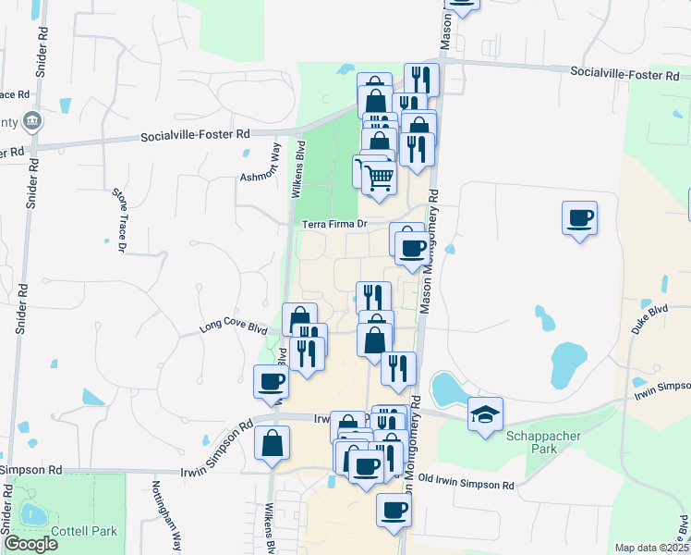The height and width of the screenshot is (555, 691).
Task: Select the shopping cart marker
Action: (379, 175)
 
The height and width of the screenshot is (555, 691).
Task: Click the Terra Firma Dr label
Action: (335, 224)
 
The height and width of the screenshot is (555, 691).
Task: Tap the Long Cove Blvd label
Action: (234, 328)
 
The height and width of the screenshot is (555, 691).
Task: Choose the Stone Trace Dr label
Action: (119, 219)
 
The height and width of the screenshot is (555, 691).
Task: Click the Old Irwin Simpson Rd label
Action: (466, 484)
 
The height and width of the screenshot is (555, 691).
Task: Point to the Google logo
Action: (30, 544)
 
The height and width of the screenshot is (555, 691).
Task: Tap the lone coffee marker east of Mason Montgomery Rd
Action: (579, 219)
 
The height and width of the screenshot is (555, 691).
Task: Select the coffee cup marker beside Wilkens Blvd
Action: (272, 381)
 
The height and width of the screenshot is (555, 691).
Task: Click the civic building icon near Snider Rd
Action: (32, 120)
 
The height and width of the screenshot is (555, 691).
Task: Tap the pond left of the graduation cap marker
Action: (447, 389)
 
